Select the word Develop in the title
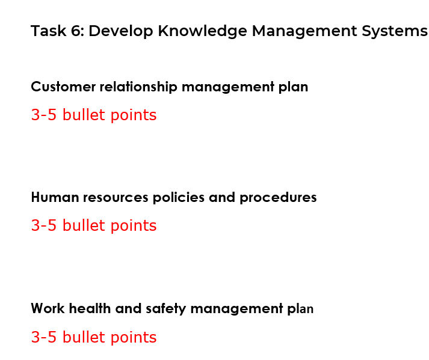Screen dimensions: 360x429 coord(121,31)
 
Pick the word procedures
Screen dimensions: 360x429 coord(278,198)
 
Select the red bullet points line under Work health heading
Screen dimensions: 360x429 coord(93,338)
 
